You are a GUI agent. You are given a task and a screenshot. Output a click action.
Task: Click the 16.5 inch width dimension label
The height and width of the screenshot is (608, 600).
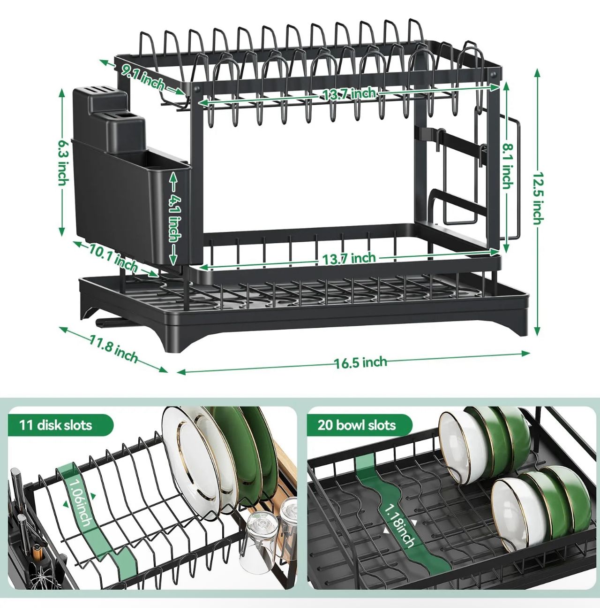coord(360,362)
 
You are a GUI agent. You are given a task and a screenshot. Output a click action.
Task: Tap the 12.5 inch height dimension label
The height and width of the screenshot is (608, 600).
coord(538,198)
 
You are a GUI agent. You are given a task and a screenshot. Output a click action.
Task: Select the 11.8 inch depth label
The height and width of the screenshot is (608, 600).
coord(114,349)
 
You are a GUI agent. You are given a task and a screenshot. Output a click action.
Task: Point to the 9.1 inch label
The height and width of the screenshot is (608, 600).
coord(143,78)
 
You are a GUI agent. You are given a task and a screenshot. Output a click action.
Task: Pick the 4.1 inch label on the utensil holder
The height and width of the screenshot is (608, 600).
coord(175,218)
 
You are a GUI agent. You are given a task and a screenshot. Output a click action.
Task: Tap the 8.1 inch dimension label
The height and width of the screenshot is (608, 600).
coord(507,166)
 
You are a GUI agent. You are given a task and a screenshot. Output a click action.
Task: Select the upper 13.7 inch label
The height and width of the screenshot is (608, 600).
coord(349,94)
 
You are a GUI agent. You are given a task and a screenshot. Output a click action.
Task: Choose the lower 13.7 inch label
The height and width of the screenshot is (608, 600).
coord(349,258)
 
